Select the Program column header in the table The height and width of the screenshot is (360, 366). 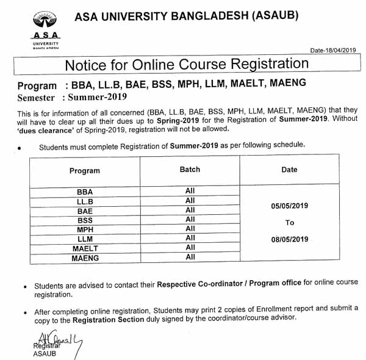pos(84,171)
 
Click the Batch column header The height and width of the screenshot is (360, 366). pos(190,170)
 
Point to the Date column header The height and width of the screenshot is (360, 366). pos(289,170)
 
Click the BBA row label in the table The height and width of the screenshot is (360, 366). pos(85,192)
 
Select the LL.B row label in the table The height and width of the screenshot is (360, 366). pos(85,201)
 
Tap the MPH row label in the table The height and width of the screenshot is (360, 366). pos(85,229)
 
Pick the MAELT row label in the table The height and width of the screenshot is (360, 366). pos(85,248)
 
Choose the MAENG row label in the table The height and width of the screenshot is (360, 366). pos(85,258)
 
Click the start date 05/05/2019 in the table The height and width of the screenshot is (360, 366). pos(290,206)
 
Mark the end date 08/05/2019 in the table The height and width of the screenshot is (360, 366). pos(290,240)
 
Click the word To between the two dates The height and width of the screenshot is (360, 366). pos(289,223)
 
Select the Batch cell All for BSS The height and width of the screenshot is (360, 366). pos(190,219)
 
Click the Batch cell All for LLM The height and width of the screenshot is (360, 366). pos(190,238)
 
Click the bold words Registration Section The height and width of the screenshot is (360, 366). pos(109,319)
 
